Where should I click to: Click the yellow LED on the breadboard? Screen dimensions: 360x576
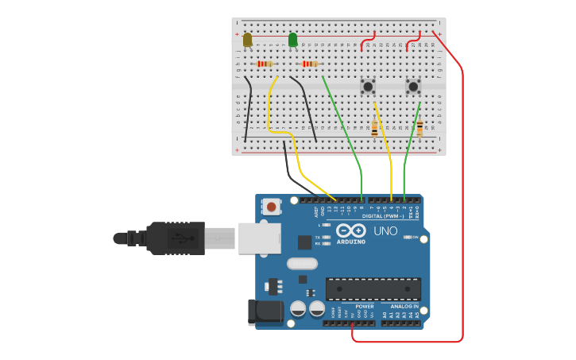click(248, 39)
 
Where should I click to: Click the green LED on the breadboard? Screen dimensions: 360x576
click(292, 39)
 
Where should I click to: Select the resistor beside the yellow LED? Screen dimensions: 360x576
click(265, 64)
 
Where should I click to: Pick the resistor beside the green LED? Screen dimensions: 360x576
click(310, 64)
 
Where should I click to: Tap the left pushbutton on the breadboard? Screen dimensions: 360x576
click(368, 86)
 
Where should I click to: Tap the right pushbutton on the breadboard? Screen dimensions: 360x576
click(413, 86)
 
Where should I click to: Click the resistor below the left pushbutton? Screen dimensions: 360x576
click(374, 127)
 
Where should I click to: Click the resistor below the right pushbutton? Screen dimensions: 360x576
click(419, 127)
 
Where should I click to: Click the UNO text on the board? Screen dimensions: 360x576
click(385, 230)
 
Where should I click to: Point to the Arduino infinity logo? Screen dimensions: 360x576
click(350, 230)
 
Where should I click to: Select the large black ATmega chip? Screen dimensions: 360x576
click(373, 288)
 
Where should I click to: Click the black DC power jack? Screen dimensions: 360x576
click(265, 312)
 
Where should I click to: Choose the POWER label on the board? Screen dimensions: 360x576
click(365, 306)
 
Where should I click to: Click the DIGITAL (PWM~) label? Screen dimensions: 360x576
click(382, 216)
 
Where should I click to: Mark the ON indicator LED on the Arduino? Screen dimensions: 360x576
click(407, 237)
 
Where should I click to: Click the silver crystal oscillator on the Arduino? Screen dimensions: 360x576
click(301, 264)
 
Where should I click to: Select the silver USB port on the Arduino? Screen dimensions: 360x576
click(259, 238)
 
